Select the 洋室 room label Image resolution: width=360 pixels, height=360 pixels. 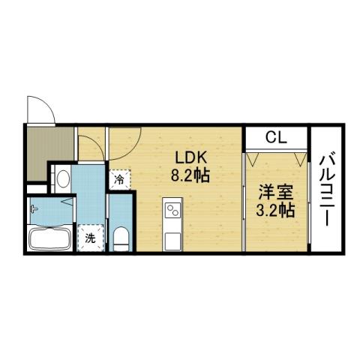274,191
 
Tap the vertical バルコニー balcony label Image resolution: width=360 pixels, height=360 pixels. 327,189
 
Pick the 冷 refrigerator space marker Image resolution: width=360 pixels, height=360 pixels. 119,180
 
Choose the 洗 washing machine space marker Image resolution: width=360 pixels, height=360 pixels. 90,239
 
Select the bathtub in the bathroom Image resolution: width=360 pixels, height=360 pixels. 49,241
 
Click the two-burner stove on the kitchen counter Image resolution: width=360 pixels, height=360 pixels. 172,208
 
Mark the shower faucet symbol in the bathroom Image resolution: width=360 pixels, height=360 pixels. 34,210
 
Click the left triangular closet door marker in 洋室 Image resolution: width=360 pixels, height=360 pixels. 252,159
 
